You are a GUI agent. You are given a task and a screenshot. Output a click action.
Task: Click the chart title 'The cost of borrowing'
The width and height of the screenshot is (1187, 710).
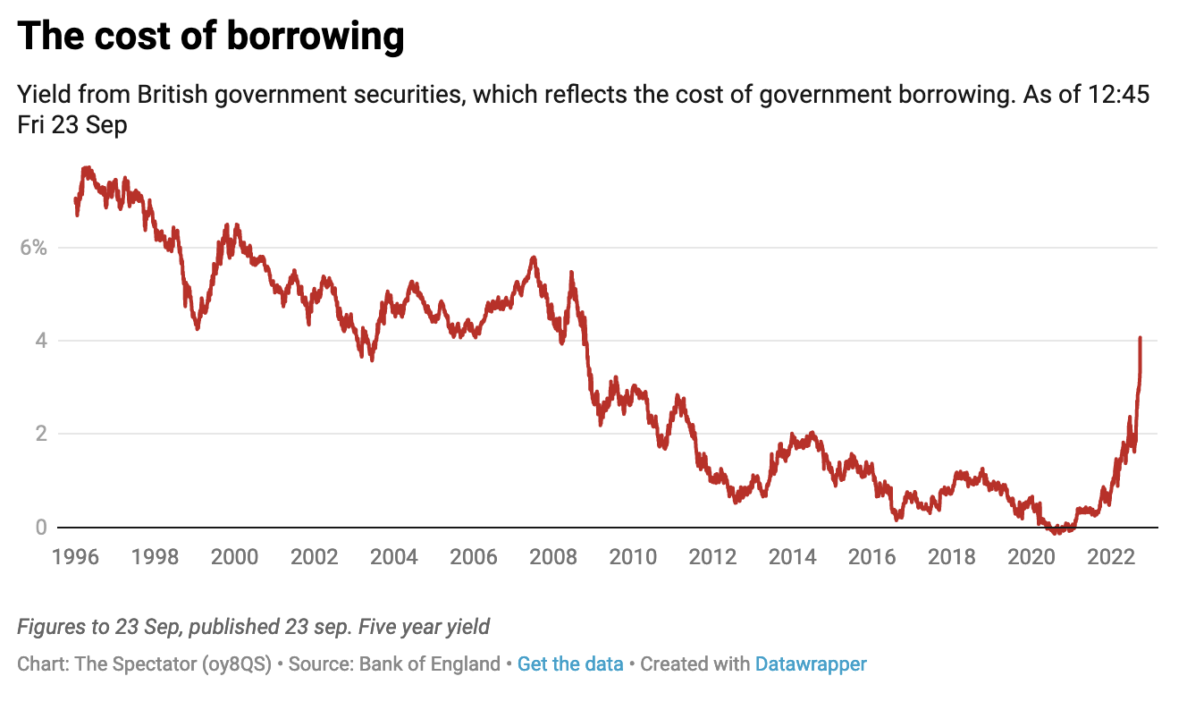click(x=211, y=37)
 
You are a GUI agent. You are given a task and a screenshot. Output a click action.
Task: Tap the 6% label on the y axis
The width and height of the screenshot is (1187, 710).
click(x=34, y=248)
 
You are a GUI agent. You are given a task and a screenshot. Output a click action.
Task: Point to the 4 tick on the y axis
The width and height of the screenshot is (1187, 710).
click(x=39, y=341)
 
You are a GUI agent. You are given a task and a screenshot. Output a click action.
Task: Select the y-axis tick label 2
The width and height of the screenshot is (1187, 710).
click(x=39, y=434)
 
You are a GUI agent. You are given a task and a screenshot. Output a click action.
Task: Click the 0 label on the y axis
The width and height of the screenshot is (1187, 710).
click(x=39, y=528)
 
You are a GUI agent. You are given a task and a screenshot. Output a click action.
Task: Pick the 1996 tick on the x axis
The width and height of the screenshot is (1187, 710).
click(x=74, y=557)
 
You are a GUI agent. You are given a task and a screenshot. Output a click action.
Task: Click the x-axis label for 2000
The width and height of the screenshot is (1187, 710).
click(x=234, y=557)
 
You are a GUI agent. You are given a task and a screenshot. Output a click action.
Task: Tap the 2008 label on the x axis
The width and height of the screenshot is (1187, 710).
click(x=554, y=557)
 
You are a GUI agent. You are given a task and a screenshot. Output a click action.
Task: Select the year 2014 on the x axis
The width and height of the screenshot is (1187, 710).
click(x=794, y=557)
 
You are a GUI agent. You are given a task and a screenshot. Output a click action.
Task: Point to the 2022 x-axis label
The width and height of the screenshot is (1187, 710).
click(x=1111, y=557)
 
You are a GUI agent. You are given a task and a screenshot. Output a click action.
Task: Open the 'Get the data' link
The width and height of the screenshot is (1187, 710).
click(x=570, y=664)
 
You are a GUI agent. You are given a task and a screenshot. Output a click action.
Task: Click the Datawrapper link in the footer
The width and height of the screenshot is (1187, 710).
click(x=811, y=664)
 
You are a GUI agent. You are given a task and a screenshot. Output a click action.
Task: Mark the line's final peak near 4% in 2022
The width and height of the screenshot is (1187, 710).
click(x=1140, y=339)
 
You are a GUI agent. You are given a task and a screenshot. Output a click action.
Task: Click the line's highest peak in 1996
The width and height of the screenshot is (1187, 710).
click(x=87, y=168)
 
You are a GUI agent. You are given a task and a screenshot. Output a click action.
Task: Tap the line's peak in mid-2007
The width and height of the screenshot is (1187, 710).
click(x=534, y=258)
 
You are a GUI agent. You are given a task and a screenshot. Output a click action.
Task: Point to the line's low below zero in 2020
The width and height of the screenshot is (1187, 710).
click(x=1057, y=532)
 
